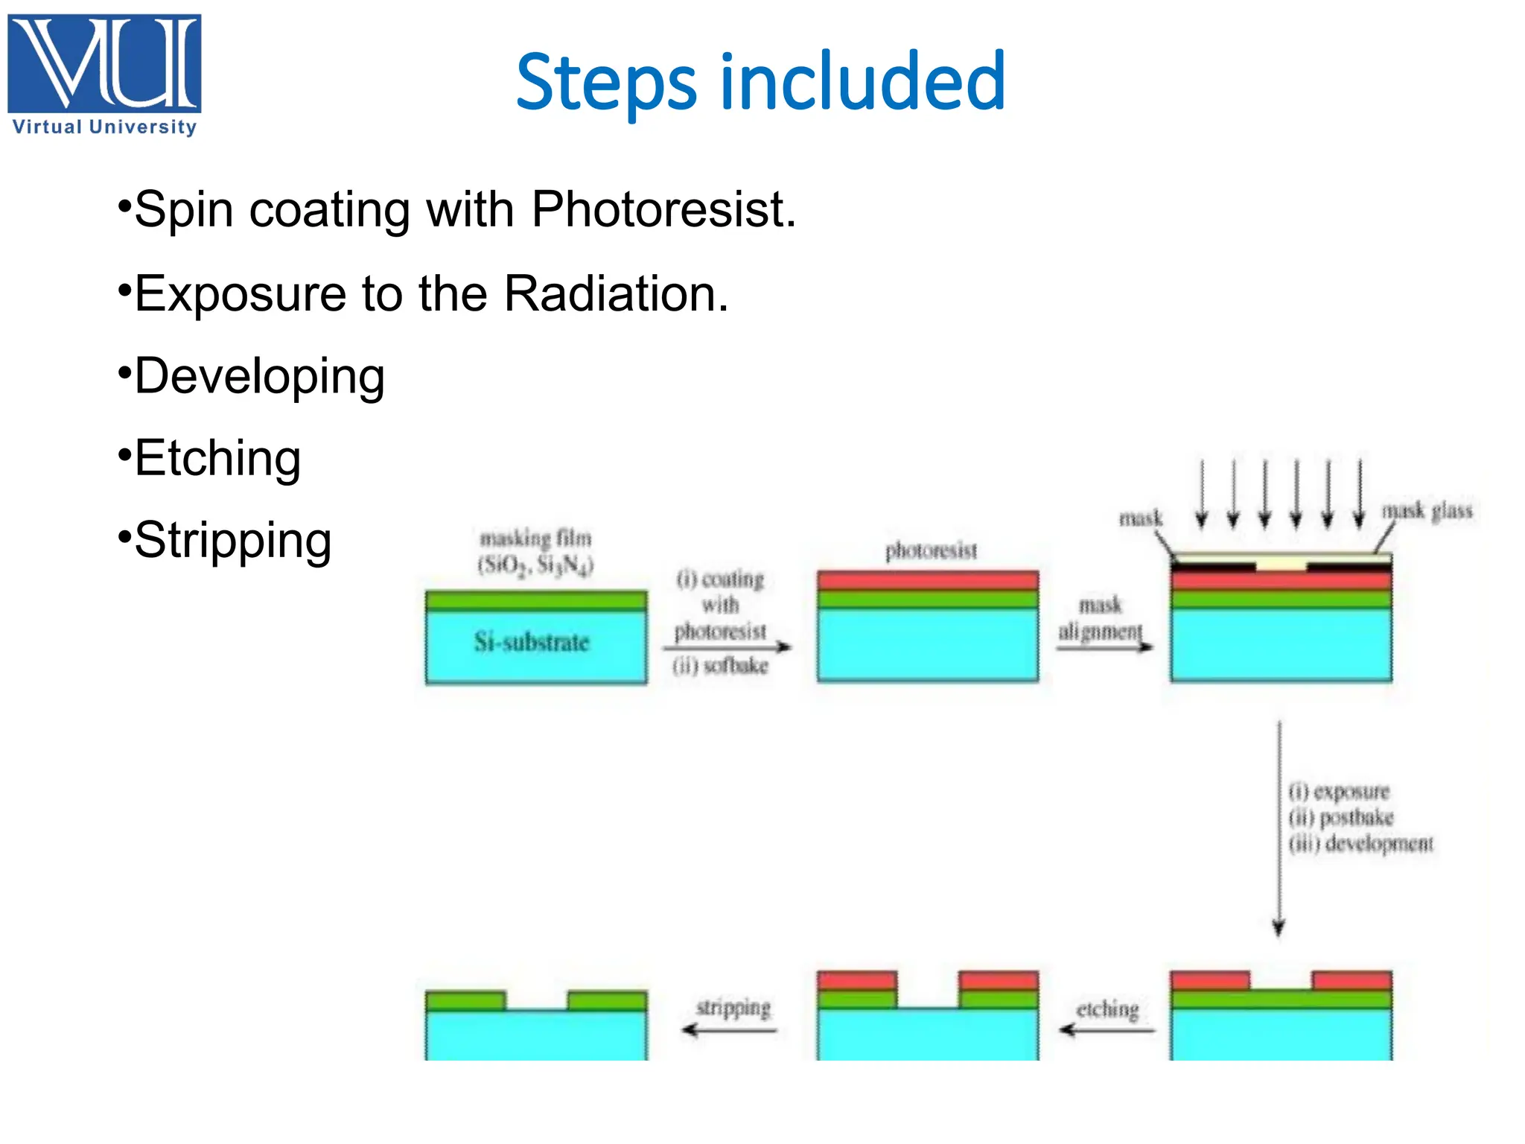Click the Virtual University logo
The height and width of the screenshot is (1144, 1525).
[x=104, y=74]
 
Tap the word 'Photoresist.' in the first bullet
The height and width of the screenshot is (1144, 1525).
[x=663, y=210]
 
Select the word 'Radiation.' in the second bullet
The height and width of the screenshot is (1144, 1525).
[x=616, y=293]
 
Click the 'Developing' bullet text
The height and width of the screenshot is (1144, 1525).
[x=259, y=376]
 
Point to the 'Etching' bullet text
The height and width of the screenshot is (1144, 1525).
[x=217, y=458]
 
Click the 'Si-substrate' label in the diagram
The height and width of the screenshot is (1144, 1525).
[x=532, y=642]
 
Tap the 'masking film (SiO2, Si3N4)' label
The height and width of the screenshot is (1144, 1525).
[x=535, y=551]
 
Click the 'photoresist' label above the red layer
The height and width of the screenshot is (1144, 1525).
[x=931, y=551]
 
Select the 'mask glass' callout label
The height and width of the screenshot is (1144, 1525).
[x=1427, y=511]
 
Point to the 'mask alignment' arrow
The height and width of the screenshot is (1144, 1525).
[x=1104, y=646]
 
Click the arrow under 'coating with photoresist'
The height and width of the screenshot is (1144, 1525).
[x=727, y=647]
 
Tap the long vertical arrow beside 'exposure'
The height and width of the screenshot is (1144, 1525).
[x=1279, y=827]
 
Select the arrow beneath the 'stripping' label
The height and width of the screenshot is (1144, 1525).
[x=729, y=1030]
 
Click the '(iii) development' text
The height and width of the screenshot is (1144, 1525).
[x=1360, y=844]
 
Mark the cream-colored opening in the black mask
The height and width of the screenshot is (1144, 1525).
[x=1281, y=566]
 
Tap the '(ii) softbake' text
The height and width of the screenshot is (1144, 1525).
[x=720, y=666]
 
